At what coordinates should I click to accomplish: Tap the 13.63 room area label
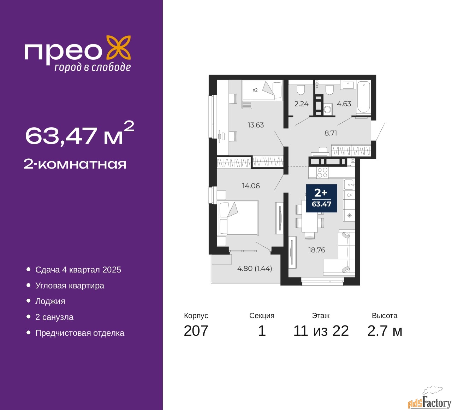pyautogui.click(x=256, y=125)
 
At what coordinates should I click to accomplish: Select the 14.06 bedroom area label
pyautogui.click(x=251, y=186)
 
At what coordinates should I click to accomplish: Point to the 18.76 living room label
pyautogui.click(x=317, y=250)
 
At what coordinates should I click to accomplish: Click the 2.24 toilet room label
pyautogui.click(x=302, y=104)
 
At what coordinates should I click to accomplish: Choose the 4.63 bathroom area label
pyautogui.click(x=344, y=104)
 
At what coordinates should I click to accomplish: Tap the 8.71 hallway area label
pyautogui.click(x=331, y=133)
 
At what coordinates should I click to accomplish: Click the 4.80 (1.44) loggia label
pyautogui.click(x=255, y=268)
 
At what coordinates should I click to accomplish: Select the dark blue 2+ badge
pyautogui.click(x=322, y=198)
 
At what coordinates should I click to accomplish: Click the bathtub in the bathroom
pyautogui.click(x=363, y=97)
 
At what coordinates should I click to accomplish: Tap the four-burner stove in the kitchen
pyautogui.click(x=322, y=173)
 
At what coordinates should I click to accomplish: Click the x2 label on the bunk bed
pyautogui.click(x=255, y=90)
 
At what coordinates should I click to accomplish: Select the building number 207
pyautogui.click(x=196, y=331)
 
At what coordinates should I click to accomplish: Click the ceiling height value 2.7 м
pyautogui.click(x=385, y=331)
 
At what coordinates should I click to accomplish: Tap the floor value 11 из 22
pyautogui.click(x=321, y=331)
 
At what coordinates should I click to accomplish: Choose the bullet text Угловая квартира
pyautogui.click(x=70, y=286)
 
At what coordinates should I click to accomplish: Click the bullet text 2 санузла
pyautogui.click(x=54, y=317)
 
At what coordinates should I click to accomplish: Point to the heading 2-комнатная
pyautogui.click(x=75, y=164)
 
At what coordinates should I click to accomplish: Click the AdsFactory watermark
pyautogui.click(x=429, y=401)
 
